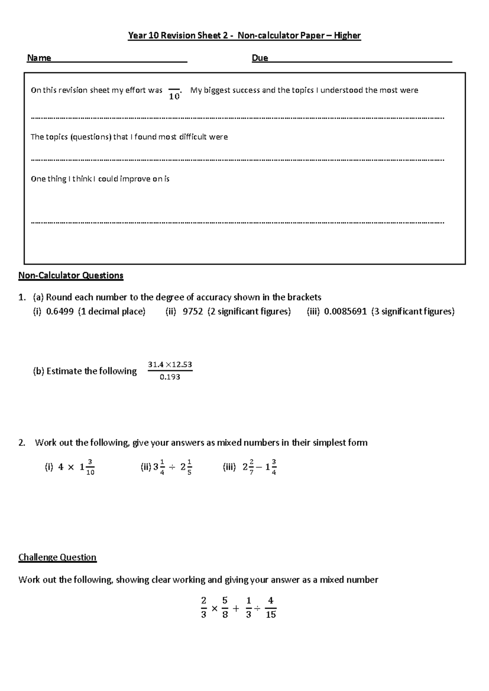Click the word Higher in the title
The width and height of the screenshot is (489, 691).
tap(347, 35)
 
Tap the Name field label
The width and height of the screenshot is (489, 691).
tap(39, 58)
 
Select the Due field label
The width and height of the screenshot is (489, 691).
tap(260, 58)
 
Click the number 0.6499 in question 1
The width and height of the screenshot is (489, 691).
tap(60, 312)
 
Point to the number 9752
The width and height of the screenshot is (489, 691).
tap(193, 312)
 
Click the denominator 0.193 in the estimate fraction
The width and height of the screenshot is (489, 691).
tap(170, 377)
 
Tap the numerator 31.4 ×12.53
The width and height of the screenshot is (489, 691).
tap(170, 365)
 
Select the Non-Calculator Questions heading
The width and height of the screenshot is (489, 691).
tap(70, 276)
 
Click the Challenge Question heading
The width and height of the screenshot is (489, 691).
tap(57, 557)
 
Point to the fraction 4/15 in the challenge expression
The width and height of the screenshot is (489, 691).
tap(271, 607)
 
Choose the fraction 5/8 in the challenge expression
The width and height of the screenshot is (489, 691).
tap(225, 607)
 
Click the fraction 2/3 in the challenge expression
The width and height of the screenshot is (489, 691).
tap(204, 607)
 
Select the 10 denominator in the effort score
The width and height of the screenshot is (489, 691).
tap(174, 97)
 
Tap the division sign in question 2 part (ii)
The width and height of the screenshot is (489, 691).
tap(172, 468)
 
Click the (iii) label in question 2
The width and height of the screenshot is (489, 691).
tap(229, 467)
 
